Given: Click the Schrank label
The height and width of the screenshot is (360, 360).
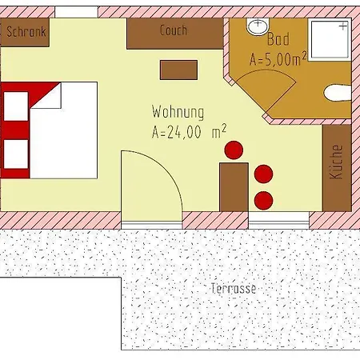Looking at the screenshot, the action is [26, 32].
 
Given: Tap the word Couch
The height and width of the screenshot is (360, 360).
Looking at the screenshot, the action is [174, 30].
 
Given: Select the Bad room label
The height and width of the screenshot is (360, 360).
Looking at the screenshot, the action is [278, 39].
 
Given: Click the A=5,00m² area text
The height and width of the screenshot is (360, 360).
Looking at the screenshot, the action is [278, 58].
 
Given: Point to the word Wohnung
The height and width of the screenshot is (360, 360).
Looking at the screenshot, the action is [178, 112].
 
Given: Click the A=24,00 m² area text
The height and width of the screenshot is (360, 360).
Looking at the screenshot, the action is [189, 131].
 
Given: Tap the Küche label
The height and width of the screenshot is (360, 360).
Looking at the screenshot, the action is [336, 162].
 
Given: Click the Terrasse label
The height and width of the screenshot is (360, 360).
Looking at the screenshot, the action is [234, 288].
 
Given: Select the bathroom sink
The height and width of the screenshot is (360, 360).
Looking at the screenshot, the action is [258, 26].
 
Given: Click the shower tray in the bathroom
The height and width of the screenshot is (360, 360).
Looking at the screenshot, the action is [330, 40].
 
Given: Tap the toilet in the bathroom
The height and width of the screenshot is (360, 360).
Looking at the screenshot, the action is [338, 93].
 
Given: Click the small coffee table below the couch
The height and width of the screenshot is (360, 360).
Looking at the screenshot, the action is [178, 70].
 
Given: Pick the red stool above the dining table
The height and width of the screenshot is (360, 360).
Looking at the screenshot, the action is [234, 150].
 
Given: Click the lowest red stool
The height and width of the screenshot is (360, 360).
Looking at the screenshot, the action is [263, 201].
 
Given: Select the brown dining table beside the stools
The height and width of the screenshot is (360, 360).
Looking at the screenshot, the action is [234, 187].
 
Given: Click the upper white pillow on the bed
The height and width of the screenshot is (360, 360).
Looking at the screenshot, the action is [16, 106].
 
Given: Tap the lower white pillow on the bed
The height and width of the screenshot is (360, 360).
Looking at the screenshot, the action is [16, 154].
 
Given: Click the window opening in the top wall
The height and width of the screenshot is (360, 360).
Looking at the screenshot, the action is [77, 12].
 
